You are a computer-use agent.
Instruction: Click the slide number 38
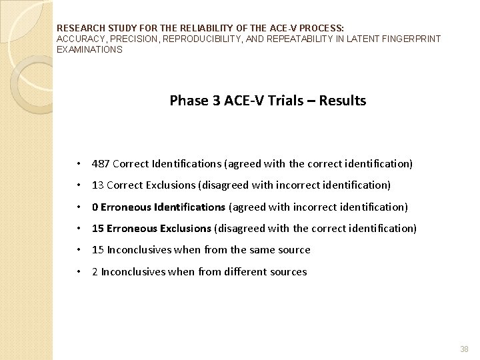tap(465, 349)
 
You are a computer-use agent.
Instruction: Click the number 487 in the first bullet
tap(101, 163)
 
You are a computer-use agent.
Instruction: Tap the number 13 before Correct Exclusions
tap(97, 185)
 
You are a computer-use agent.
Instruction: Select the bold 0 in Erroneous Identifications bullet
tap(95, 207)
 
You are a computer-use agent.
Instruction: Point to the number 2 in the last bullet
tap(95, 271)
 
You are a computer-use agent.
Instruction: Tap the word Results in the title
tap(342, 101)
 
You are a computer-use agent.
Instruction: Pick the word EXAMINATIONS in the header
tap(89, 49)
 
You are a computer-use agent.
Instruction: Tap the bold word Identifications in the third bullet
tap(190, 207)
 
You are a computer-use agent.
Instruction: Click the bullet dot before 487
tap(79, 164)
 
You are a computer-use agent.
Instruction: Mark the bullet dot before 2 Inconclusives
tap(79, 272)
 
